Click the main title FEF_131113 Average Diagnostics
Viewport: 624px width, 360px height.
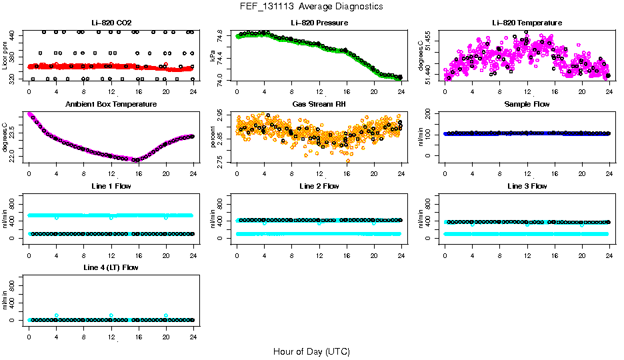point(311,6)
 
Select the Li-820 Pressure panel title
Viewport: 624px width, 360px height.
point(319,23)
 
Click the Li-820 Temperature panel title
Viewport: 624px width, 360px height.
point(527,23)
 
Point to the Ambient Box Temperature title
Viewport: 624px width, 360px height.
point(111,105)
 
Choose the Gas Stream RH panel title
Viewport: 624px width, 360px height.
point(319,105)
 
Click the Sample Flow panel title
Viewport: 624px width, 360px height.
point(527,105)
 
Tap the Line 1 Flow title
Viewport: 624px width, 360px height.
point(111,186)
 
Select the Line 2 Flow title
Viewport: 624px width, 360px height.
point(319,186)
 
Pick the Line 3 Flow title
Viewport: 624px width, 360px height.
point(527,186)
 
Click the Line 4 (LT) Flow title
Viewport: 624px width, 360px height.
point(111,267)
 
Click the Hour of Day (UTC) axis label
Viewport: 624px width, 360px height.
point(311,351)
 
